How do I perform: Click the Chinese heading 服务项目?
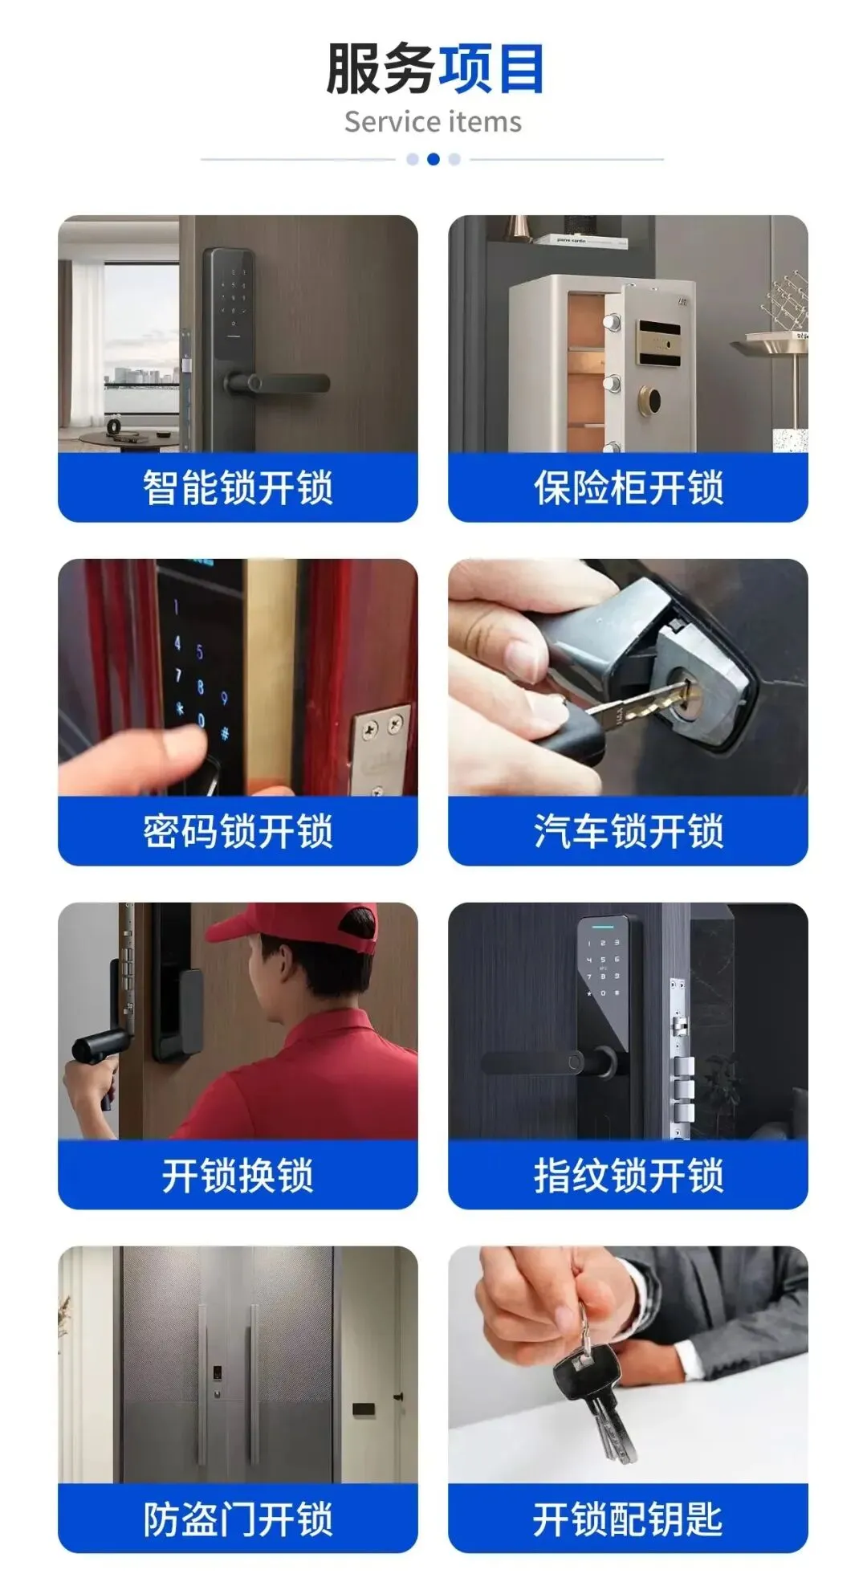(x=434, y=69)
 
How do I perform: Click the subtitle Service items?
(x=433, y=122)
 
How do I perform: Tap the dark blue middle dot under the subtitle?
(x=433, y=159)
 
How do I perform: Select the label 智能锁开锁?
(x=238, y=487)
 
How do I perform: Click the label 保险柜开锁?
(x=629, y=487)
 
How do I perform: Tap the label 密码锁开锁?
(x=238, y=831)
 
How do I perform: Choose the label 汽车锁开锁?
(x=629, y=831)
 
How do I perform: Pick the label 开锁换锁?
(x=238, y=1175)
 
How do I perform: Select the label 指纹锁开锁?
(x=629, y=1175)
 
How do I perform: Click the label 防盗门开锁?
(x=238, y=1519)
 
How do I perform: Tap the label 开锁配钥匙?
(x=629, y=1519)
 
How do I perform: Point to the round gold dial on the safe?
(x=649, y=398)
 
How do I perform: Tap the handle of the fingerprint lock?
(x=550, y=1063)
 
